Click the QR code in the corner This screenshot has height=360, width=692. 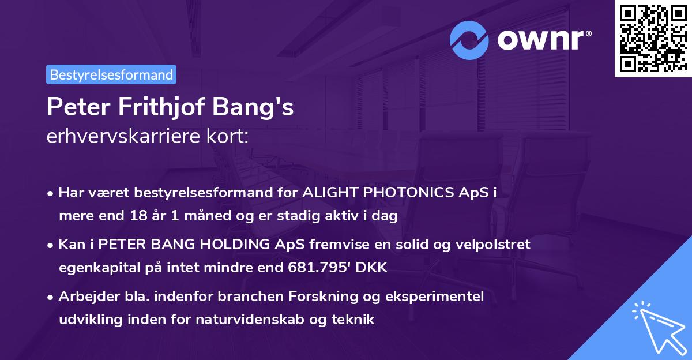(653, 39)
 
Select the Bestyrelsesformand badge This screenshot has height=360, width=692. (111, 74)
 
